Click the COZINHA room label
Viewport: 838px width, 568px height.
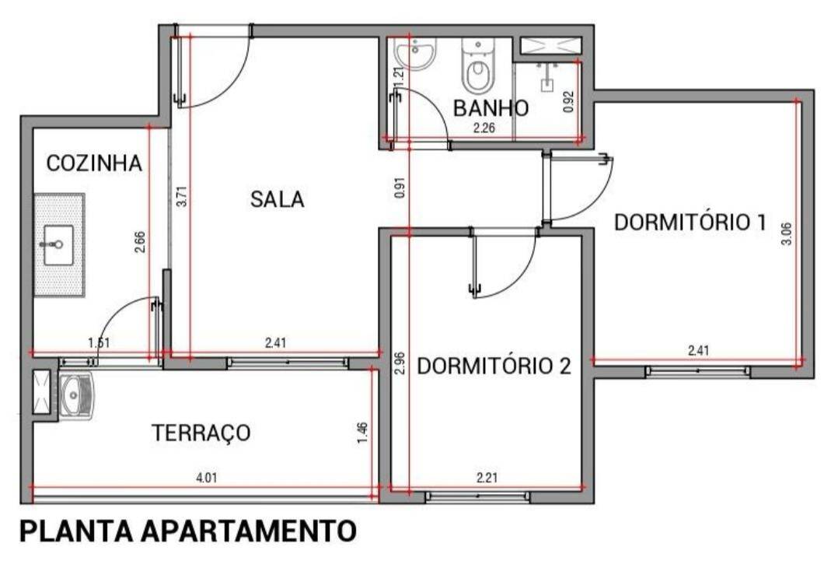(94, 163)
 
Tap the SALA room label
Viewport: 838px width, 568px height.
(278, 199)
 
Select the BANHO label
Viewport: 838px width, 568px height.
(491, 108)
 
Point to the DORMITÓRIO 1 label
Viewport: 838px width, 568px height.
(690, 222)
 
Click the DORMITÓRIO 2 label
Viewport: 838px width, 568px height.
(494, 366)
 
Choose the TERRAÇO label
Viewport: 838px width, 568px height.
(201, 432)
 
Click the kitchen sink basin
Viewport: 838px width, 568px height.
(59, 245)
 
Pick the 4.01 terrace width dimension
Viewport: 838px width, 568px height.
(207, 478)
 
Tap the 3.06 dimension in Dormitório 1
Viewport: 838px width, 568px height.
(786, 233)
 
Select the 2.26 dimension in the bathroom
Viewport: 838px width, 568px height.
(484, 128)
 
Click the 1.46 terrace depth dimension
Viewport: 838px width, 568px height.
(362, 433)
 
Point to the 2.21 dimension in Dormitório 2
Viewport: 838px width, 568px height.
(487, 477)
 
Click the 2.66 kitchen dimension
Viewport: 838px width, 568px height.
(140, 242)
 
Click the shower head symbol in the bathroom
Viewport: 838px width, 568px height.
(546, 78)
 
